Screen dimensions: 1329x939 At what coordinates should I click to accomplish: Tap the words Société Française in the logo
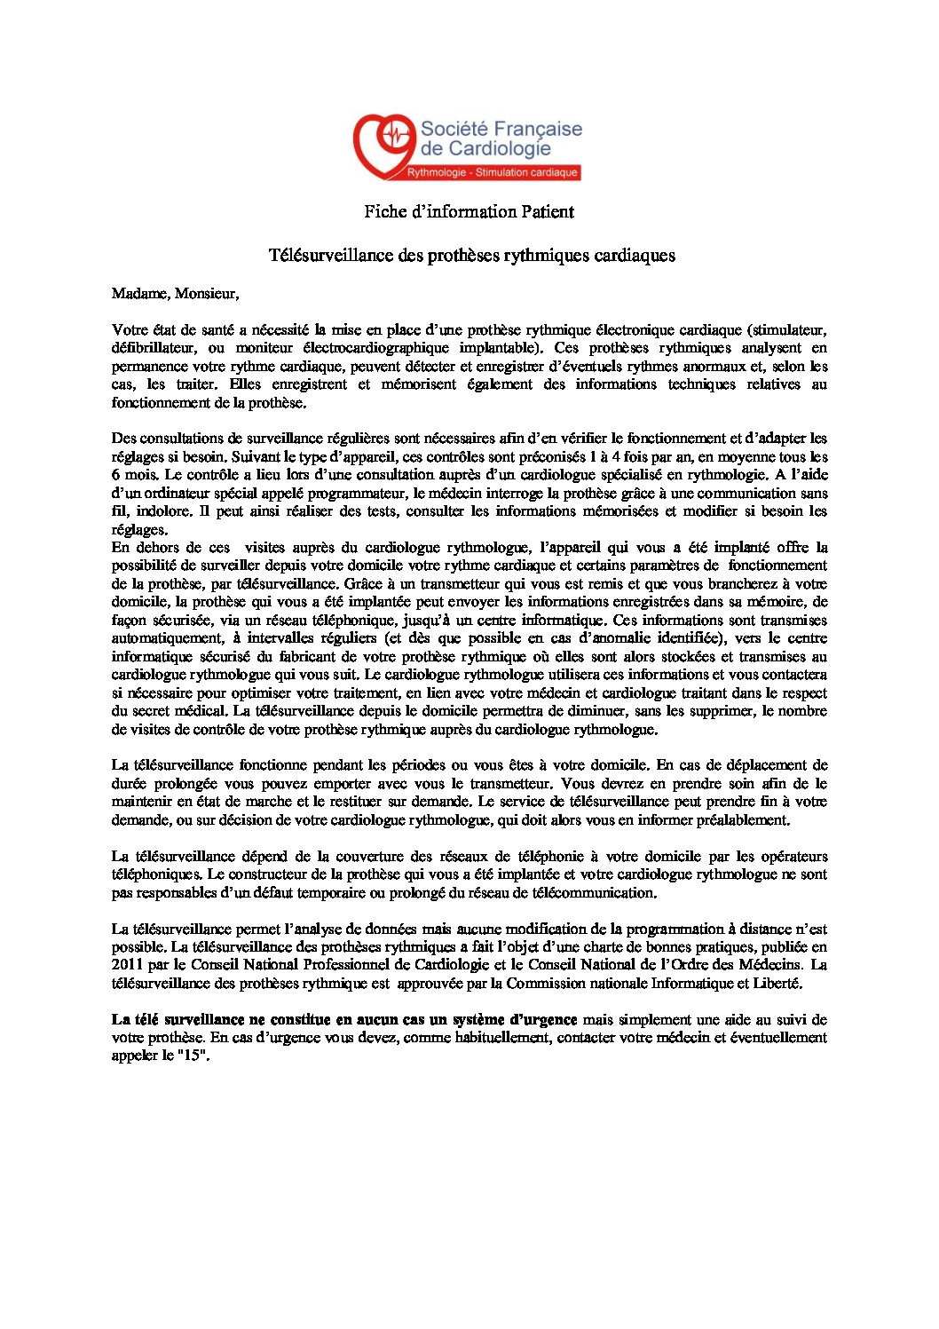point(501,129)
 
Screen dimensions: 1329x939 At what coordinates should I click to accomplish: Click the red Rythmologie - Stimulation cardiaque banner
point(492,172)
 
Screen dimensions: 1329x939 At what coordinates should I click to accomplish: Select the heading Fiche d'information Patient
point(469,212)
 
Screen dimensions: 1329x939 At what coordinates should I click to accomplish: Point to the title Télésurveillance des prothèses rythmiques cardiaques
point(471,256)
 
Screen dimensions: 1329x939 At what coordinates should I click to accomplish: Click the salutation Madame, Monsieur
point(175,293)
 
